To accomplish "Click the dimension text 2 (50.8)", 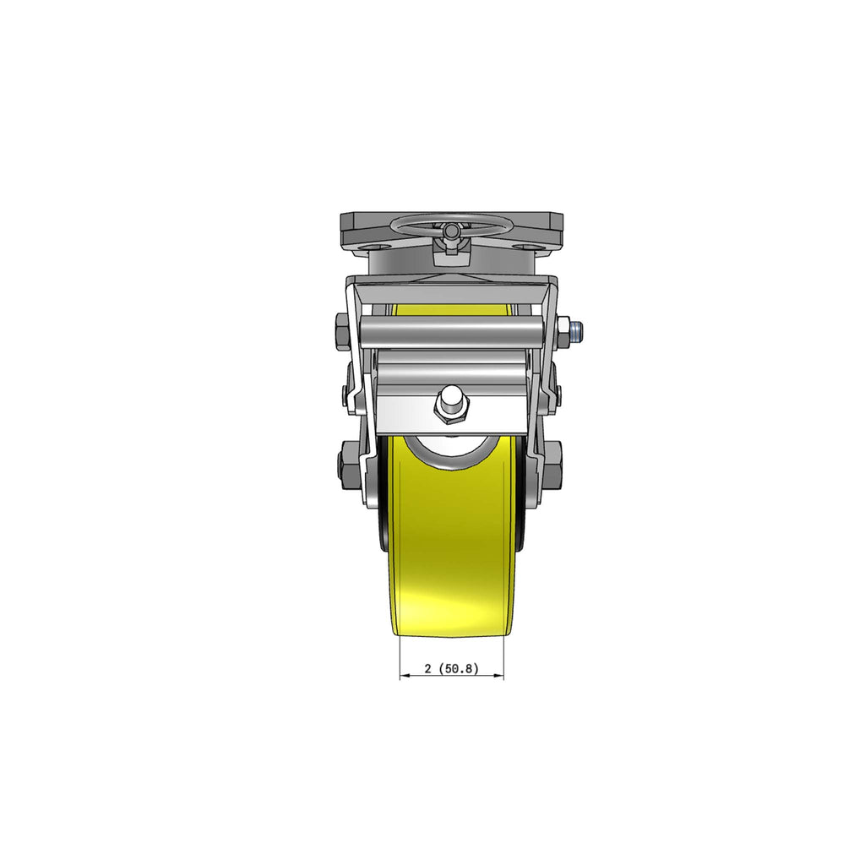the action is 451,669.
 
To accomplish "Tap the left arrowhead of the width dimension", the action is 403,675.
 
